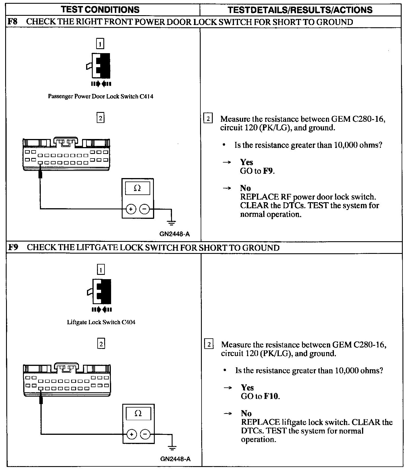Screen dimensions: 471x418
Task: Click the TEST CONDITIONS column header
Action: coord(100,10)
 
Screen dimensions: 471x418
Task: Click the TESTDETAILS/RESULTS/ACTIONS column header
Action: coord(300,10)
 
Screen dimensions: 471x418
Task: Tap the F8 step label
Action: coord(13,22)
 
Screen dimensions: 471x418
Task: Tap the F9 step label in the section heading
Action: coord(13,248)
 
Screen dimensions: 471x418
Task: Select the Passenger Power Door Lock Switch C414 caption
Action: coord(100,96)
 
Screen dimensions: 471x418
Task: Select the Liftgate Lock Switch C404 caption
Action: coord(101,322)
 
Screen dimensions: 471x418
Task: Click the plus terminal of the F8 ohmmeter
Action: coord(131,209)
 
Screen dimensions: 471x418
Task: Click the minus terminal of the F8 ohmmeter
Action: coord(144,209)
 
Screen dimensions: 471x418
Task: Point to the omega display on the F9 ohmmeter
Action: coord(138,414)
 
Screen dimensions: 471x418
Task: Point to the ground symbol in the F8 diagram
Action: coord(171,222)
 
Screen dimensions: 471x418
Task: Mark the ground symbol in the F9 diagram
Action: coord(172,447)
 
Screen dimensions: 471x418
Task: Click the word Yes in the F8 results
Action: coord(247,162)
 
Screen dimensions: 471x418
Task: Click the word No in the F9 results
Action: coord(246,414)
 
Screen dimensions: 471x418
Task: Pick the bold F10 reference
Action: coord(271,396)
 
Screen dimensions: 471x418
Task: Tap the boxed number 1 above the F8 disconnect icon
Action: coord(100,44)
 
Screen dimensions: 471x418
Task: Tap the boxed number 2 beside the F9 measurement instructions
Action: coord(209,344)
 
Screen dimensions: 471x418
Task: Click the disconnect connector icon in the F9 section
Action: coord(101,291)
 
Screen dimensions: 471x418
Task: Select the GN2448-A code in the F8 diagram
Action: coord(175,234)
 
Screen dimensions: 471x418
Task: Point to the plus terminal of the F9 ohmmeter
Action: coord(131,435)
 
